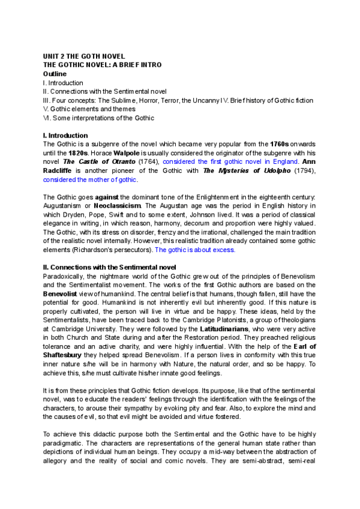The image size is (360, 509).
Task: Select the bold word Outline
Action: click(x=55, y=74)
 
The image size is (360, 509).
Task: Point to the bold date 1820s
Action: click(x=79, y=154)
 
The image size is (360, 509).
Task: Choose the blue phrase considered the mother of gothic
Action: click(x=91, y=180)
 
